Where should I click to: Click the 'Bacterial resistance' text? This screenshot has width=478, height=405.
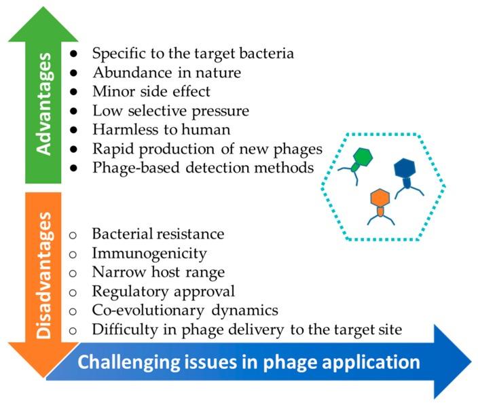pos(158,234)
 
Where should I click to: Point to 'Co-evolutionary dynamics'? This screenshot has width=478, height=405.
pos(174,311)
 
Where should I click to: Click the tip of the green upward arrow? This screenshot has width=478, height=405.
pos(43,15)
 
